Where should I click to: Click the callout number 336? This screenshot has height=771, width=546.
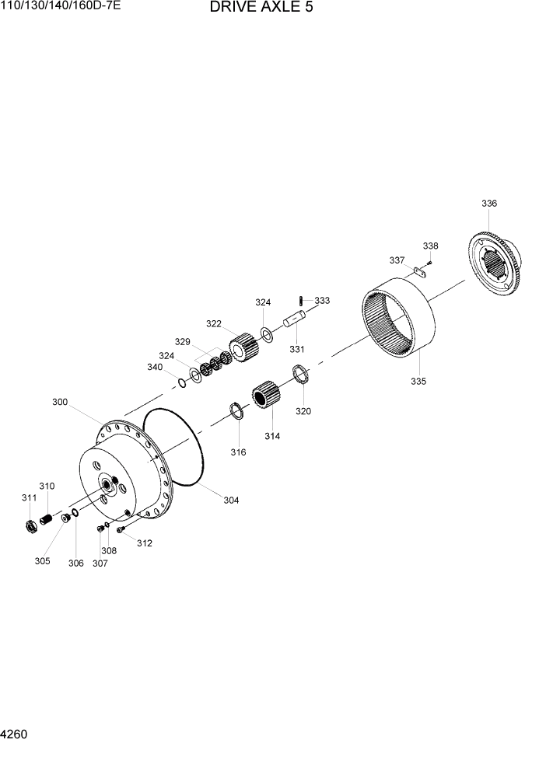[488, 204]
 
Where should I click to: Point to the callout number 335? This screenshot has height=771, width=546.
[418, 382]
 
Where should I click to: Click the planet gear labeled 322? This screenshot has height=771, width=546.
[243, 346]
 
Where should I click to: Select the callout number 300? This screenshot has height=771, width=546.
[60, 403]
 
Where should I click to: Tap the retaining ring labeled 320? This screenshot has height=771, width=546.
[302, 374]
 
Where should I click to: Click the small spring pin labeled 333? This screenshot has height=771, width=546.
[302, 300]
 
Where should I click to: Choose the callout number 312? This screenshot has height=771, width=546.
[145, 543]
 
